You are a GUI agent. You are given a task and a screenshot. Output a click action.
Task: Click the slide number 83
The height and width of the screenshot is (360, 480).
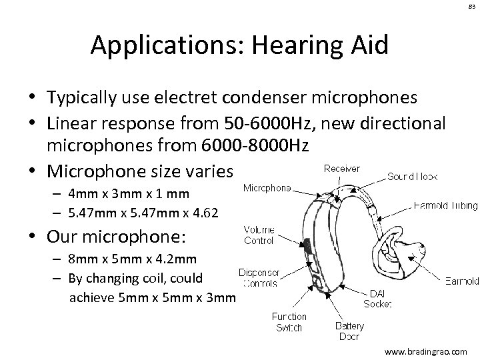coord(469,6)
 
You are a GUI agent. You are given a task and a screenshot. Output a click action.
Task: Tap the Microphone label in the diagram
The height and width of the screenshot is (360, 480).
coord(266,188)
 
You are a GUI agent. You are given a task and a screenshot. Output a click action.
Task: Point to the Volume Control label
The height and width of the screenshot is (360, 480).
coord(259,235)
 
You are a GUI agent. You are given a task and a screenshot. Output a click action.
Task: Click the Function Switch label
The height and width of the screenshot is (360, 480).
coord(289,321)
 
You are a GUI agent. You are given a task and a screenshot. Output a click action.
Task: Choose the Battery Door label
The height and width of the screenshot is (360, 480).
coord(349,330)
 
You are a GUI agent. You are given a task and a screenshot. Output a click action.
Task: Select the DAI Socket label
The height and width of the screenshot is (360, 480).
coord(377,298)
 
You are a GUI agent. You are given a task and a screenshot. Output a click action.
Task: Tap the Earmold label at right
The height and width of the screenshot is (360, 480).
coord(461,281)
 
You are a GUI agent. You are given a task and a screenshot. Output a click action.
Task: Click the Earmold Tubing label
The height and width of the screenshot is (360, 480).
coord(445,205)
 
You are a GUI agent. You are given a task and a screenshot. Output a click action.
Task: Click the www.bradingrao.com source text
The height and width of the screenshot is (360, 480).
coord(427,350)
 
